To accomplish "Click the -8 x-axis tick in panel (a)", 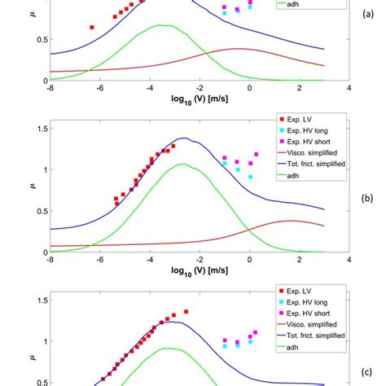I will point(50,88).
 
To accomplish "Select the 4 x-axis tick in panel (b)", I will point(349,261).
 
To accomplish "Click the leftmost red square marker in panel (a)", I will point(91,27).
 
